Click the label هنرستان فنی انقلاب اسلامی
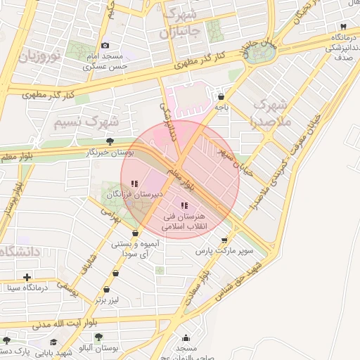182,223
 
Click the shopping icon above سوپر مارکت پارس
225,240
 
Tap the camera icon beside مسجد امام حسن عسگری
105,45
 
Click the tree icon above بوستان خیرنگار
108,141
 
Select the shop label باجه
221,108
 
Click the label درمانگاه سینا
27,287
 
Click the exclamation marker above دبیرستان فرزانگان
135,184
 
